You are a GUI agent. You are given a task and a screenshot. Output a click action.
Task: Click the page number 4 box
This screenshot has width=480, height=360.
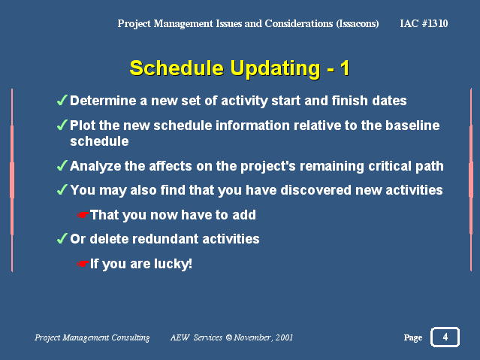tap(445, 337)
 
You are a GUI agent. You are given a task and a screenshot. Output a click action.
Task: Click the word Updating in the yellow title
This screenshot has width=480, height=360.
tap(275, 69)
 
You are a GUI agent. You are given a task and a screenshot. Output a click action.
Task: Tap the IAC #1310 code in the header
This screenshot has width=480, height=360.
tap(424, 23)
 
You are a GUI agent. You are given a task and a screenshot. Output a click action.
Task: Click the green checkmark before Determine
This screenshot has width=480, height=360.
tap(62, 100)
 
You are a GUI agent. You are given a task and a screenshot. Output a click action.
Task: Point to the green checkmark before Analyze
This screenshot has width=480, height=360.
tap(62, 165)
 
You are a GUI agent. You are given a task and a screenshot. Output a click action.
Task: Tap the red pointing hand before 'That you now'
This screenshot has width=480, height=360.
tap(83, 215)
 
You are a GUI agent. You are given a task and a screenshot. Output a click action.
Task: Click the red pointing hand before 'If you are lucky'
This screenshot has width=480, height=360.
tap(83, 264)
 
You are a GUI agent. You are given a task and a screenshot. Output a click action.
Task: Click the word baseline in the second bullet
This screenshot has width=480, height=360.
tap(412, 126)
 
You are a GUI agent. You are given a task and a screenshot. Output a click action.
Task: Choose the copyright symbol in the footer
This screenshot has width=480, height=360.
tap(229, 337)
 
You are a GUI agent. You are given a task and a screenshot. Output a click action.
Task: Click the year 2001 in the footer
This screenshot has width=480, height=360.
tap(284, 337)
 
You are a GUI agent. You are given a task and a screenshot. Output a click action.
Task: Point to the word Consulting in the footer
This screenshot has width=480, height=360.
tap(131, 337)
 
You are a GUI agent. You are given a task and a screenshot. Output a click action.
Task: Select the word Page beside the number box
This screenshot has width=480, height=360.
tap(413, 337)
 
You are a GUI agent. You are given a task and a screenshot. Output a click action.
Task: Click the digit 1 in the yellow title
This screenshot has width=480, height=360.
tap(346, 68)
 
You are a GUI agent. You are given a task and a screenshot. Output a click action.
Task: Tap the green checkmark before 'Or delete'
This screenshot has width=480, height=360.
tap(62, 238)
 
